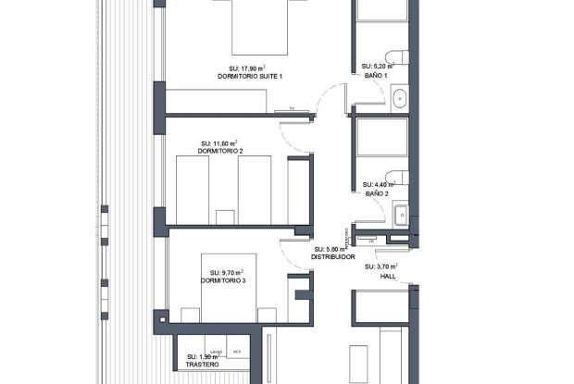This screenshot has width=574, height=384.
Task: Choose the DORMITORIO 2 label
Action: [222, 151]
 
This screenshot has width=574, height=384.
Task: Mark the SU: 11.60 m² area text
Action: [220, 143]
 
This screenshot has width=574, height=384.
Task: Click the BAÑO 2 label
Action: [376, 194]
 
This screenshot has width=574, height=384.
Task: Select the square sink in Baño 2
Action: [400, 214]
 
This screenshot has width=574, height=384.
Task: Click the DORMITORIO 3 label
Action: [222, 280]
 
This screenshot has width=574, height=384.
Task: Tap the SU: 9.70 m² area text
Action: [221, 272]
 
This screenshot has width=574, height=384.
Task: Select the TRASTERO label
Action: [201, 365]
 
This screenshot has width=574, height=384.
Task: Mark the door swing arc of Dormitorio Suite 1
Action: [326, 96]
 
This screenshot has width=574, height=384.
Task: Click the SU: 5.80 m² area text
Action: [331, 249]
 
